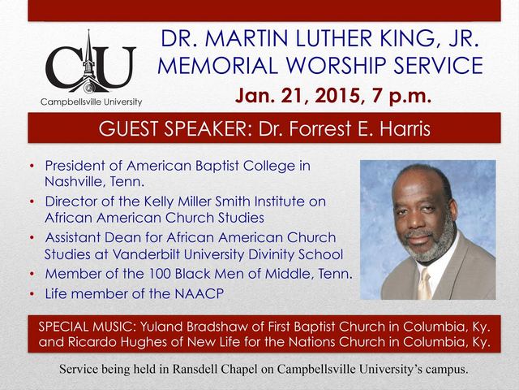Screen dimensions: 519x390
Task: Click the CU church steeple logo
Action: (91, 62)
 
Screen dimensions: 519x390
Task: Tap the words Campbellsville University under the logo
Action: (91, 102)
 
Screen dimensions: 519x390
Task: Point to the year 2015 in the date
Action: (337, 96)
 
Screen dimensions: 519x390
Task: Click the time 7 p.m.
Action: (401, 96)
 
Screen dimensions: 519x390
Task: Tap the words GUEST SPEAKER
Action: (173, 128)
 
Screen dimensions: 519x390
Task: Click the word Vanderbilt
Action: (146, 254)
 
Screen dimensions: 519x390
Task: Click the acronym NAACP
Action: (199, 294)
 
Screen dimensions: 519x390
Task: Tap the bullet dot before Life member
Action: (32, 294)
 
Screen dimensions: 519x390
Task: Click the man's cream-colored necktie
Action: (424, 284)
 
